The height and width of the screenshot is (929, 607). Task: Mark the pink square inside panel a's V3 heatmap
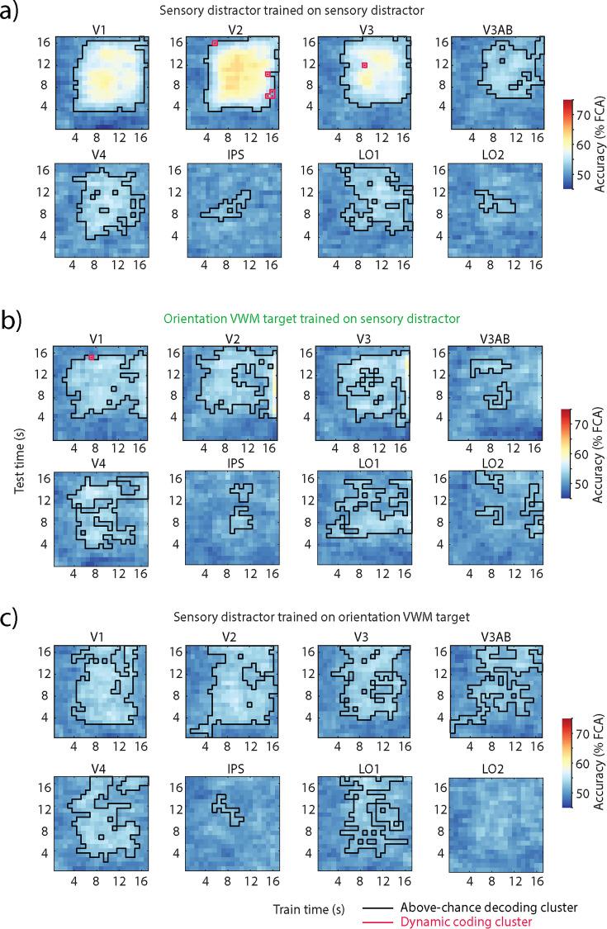click(363, 64)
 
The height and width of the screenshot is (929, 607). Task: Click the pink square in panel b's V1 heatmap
click(91, 357)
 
